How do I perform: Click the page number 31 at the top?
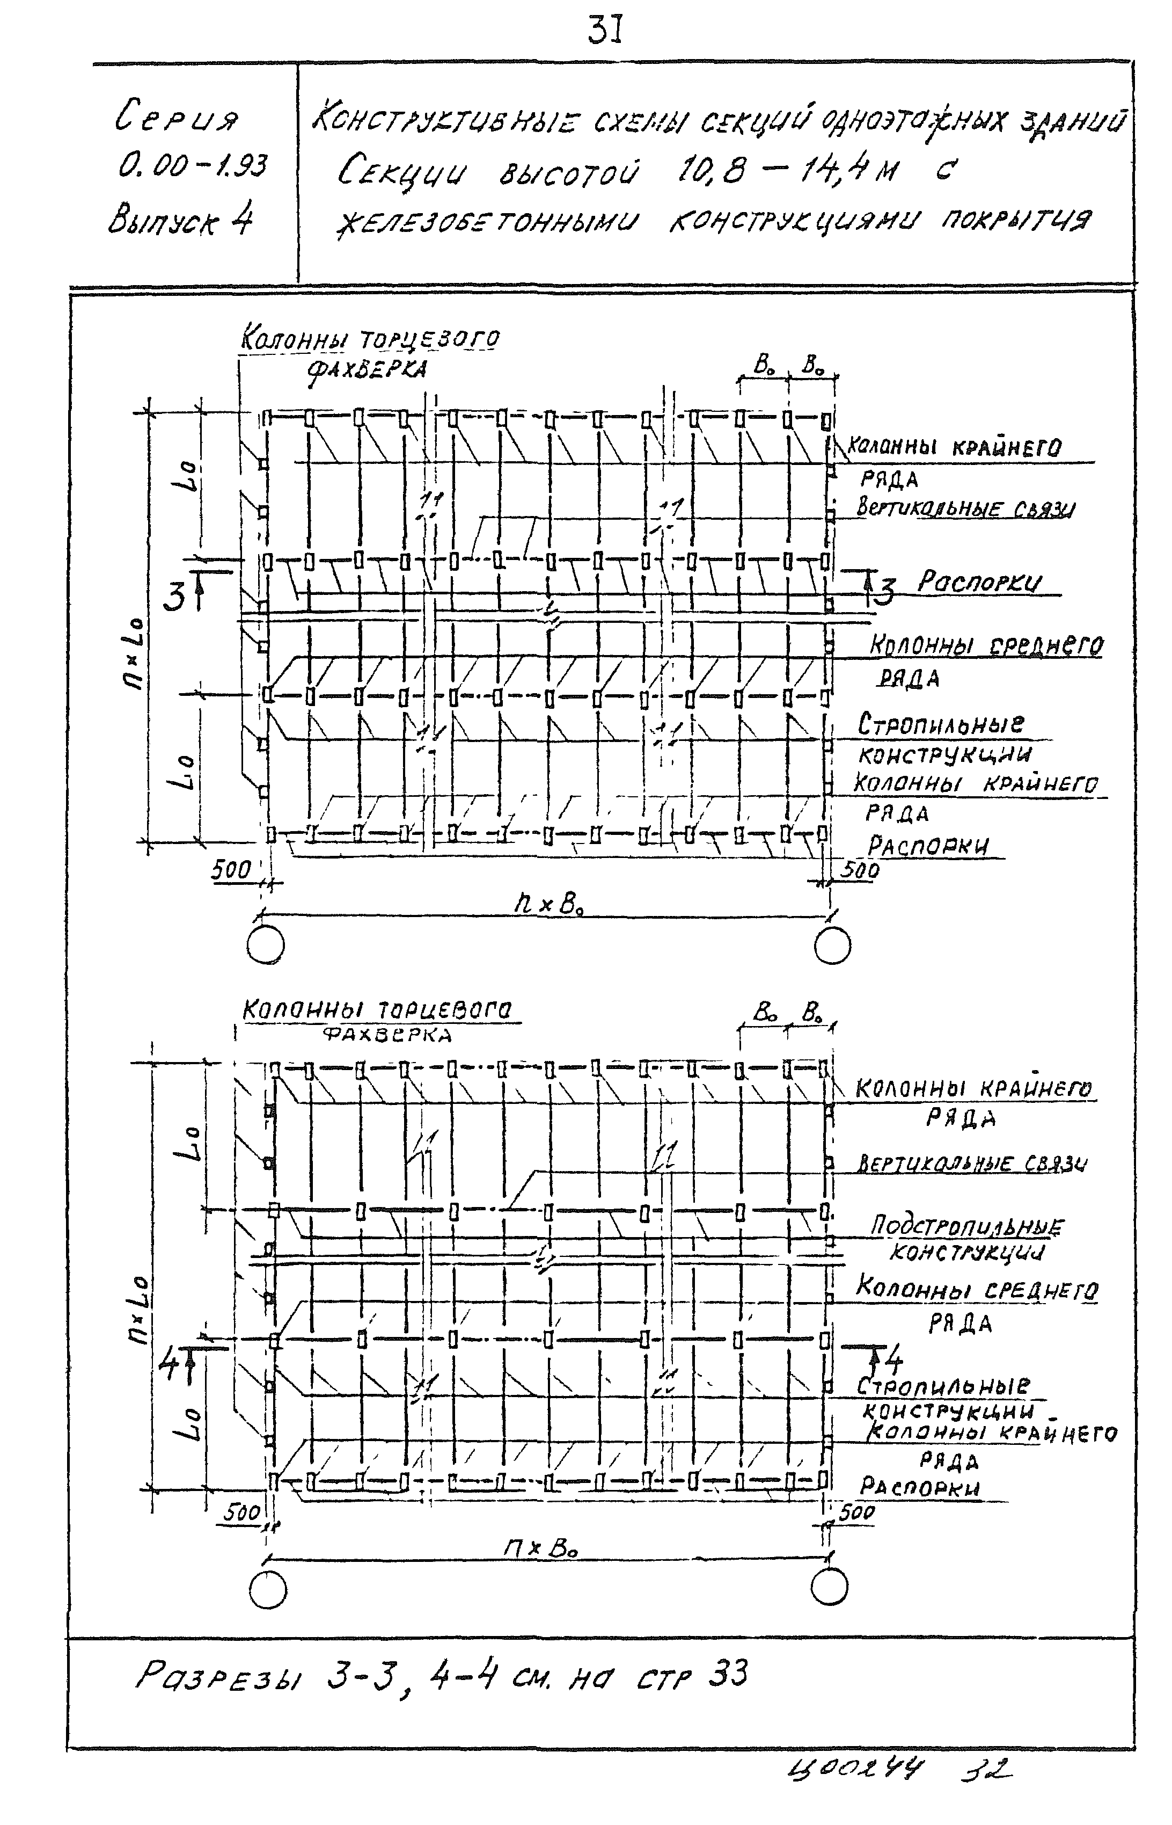(606, 32)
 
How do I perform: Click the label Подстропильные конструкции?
(966, 1239)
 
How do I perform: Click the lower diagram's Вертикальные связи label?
(972, 1162)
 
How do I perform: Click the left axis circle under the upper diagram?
(266, 947)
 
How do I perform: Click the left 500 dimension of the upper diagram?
(231, 869)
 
